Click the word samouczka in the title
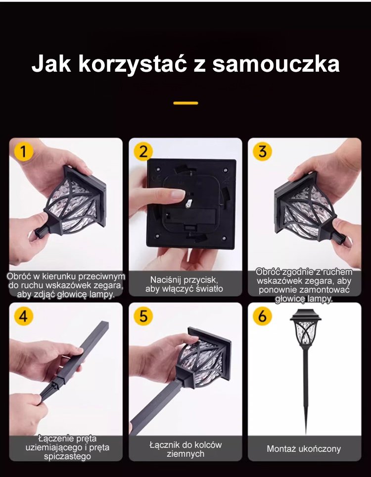[276, 64]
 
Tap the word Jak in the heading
[51, 64]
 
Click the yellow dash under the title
[185, 103]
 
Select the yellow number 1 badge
[23, 151]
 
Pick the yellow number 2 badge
[143, 151]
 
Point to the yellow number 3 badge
[262, 151]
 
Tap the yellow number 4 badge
[23, 316]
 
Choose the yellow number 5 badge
[143, 316]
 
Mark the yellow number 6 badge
[262, 316]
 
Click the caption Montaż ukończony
[304, 449]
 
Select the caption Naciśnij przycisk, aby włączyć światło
[184, 284]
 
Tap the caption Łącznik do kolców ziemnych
[185, 449]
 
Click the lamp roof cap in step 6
[306, 315]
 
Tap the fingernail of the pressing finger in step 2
[178, 194]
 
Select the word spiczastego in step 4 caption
[67, 456]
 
